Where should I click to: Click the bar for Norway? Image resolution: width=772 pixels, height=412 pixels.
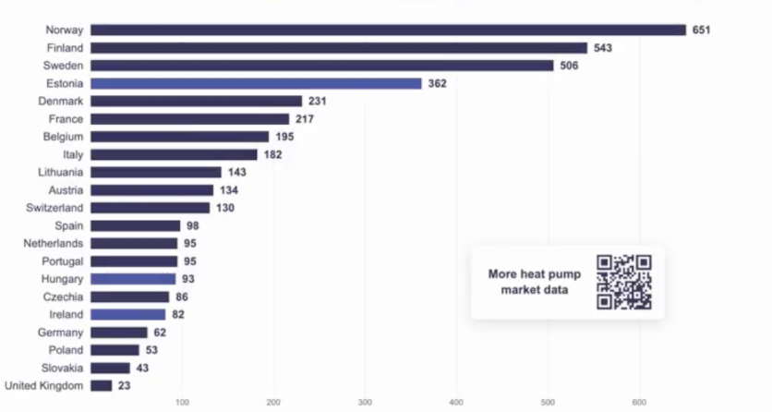point(388,30)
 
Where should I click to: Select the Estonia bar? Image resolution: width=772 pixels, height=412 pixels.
point(256,84)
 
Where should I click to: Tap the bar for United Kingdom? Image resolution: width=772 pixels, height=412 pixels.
point(101,386)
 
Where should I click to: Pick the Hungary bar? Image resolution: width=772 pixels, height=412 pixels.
point(133,279)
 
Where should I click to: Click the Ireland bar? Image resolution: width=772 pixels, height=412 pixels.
point(128,314)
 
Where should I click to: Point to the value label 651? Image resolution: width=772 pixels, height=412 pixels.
point(701,30)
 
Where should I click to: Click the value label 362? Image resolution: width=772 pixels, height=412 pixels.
point(437,84)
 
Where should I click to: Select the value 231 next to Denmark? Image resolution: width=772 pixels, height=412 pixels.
point(318,102)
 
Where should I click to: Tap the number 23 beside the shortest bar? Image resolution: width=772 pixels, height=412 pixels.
point(124,386)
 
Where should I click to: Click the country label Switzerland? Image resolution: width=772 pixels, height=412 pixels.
point(54,208)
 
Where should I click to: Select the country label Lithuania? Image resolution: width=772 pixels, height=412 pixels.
point(61,172)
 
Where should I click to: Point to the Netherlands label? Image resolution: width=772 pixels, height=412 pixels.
point(54,244)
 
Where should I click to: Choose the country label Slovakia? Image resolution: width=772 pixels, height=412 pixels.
point(62,369)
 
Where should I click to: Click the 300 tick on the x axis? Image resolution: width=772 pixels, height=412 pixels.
point(365,403)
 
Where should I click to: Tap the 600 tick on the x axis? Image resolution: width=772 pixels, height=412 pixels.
point(639,403)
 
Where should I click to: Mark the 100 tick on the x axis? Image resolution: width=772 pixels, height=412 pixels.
point(182,403)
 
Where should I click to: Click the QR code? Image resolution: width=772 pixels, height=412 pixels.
point(624,282)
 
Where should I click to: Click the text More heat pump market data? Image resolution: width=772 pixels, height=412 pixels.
point(535,282)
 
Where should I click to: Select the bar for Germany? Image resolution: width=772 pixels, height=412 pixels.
point(118,333)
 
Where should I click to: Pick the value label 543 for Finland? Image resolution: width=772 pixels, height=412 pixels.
point(603,48)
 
